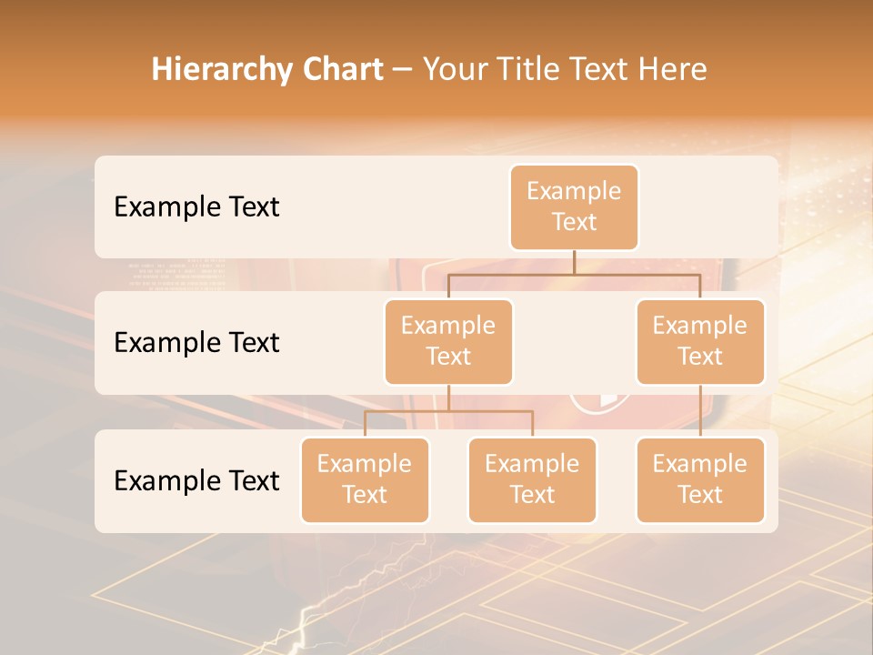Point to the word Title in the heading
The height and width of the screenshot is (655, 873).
click(535, 69)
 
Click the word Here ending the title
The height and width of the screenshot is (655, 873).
click(672, 69)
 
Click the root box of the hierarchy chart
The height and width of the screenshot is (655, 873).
click(574, 207)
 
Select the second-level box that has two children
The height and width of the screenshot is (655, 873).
click(448, 341)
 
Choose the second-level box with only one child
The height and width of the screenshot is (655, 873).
click(700, 341)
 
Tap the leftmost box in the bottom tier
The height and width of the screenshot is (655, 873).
click(365, 479)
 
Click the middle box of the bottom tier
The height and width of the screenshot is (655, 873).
click(532, 479)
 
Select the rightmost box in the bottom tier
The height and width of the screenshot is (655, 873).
click(700, 479)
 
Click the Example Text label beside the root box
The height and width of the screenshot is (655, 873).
click(196, 207)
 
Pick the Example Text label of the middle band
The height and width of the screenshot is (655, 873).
click(196, 342)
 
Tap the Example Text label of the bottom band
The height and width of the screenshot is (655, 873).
click(196, 480)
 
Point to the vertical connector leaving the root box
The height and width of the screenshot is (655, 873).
click(574, 262)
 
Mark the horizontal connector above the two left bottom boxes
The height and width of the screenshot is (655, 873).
click(448, 411)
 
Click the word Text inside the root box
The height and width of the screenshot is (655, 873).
click(574, 222)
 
